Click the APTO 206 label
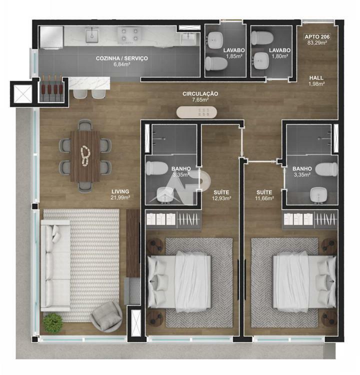317,36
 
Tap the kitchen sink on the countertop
92,35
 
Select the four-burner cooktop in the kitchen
129,35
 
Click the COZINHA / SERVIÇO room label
122,58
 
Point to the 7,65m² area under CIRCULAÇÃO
200,100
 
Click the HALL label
316,77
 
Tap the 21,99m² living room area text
120,197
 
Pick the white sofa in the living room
55,265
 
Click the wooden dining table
85,156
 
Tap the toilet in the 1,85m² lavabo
216,63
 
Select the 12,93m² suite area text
221,198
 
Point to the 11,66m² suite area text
264,198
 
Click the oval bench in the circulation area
196,112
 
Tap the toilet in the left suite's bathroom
157,168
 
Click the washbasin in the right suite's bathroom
318,195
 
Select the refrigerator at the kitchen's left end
51,38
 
